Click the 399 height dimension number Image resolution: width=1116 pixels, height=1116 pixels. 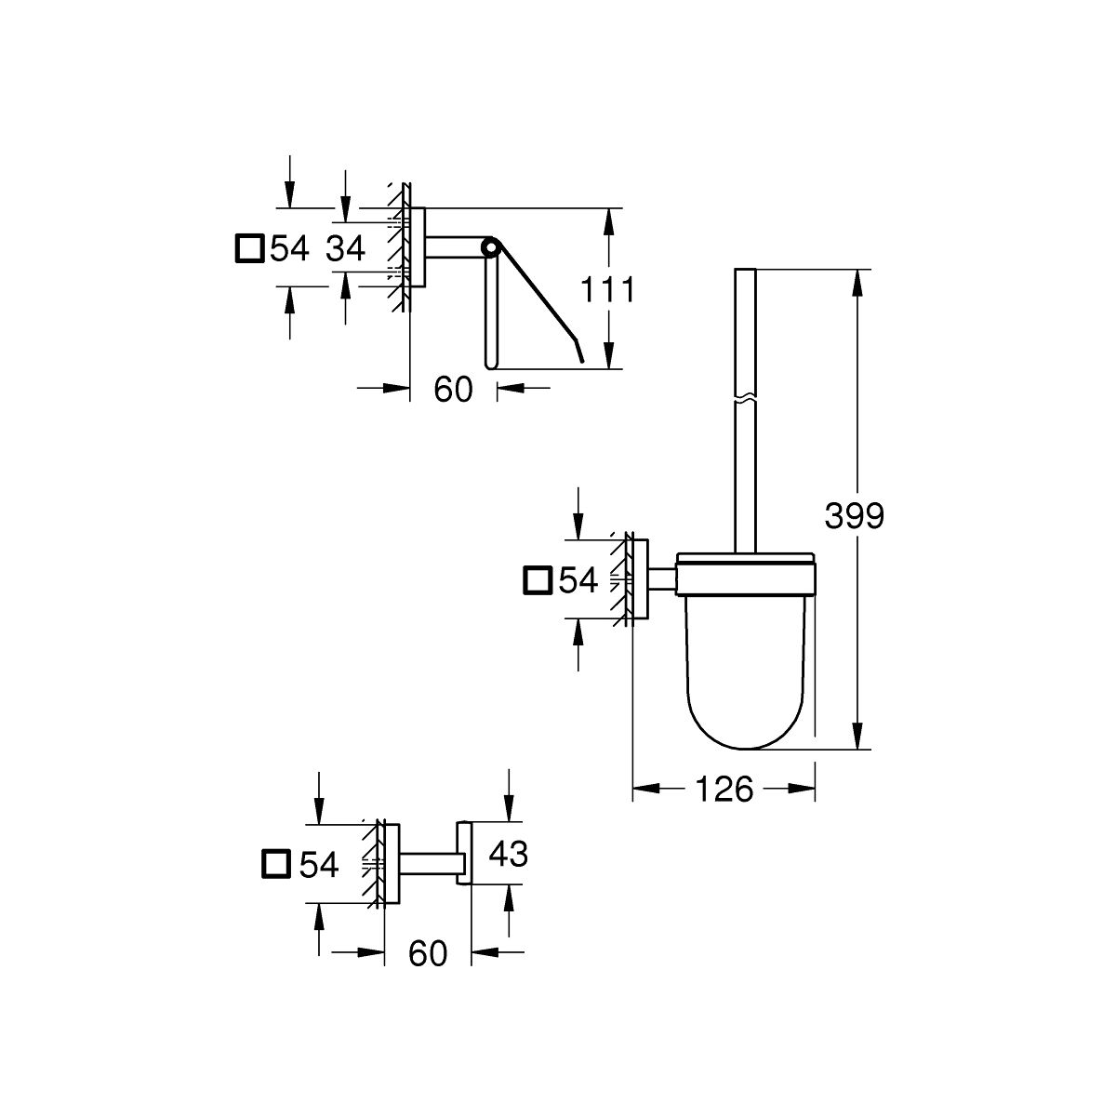(x=855, y=515)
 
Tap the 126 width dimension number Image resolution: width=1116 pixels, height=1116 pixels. (x=724, y=789)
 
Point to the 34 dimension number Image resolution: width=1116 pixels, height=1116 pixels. (x=346, y=249)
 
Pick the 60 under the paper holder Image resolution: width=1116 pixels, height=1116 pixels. (x=454, y=389)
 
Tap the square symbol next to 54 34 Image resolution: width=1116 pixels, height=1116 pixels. (x=250, y=248)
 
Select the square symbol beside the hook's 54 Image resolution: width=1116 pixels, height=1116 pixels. (x=276, y=865)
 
